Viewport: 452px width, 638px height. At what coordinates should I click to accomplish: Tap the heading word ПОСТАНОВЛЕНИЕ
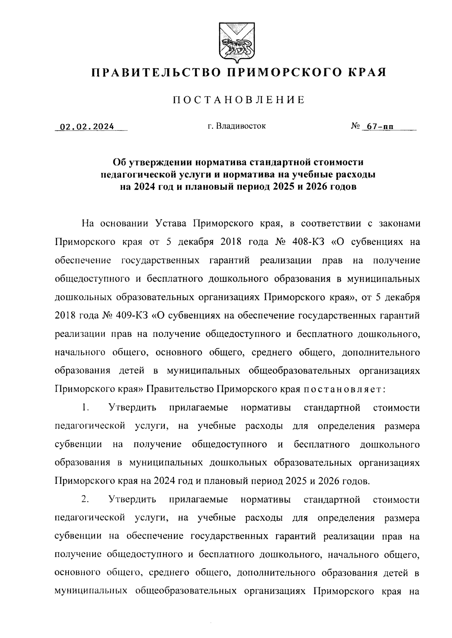point(238,100)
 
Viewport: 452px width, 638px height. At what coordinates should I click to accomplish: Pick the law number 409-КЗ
point(127,315)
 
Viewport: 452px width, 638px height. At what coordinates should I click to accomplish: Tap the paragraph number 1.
point(85,407)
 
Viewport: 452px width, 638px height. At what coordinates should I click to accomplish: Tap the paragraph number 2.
point(85,500)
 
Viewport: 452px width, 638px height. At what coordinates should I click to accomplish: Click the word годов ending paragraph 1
point(356,481)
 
